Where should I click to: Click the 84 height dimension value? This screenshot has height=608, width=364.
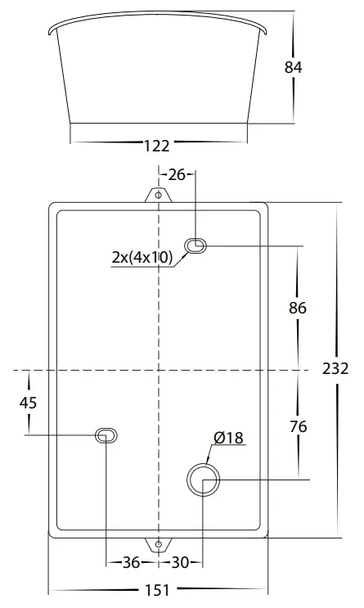point(293,67)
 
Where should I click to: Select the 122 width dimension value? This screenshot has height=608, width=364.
point(156,146)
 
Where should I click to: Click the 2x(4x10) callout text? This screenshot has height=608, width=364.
point(142,258)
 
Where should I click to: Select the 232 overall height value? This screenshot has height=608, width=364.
point(337,368)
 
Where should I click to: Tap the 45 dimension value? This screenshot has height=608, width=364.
point(29,403)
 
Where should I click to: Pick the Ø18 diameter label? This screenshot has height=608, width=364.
point(228,439)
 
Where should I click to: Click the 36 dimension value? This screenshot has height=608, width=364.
point(130,563)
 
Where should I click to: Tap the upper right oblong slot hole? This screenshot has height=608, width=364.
point(196,245)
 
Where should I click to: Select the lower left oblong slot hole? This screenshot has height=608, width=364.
point(106,435)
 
